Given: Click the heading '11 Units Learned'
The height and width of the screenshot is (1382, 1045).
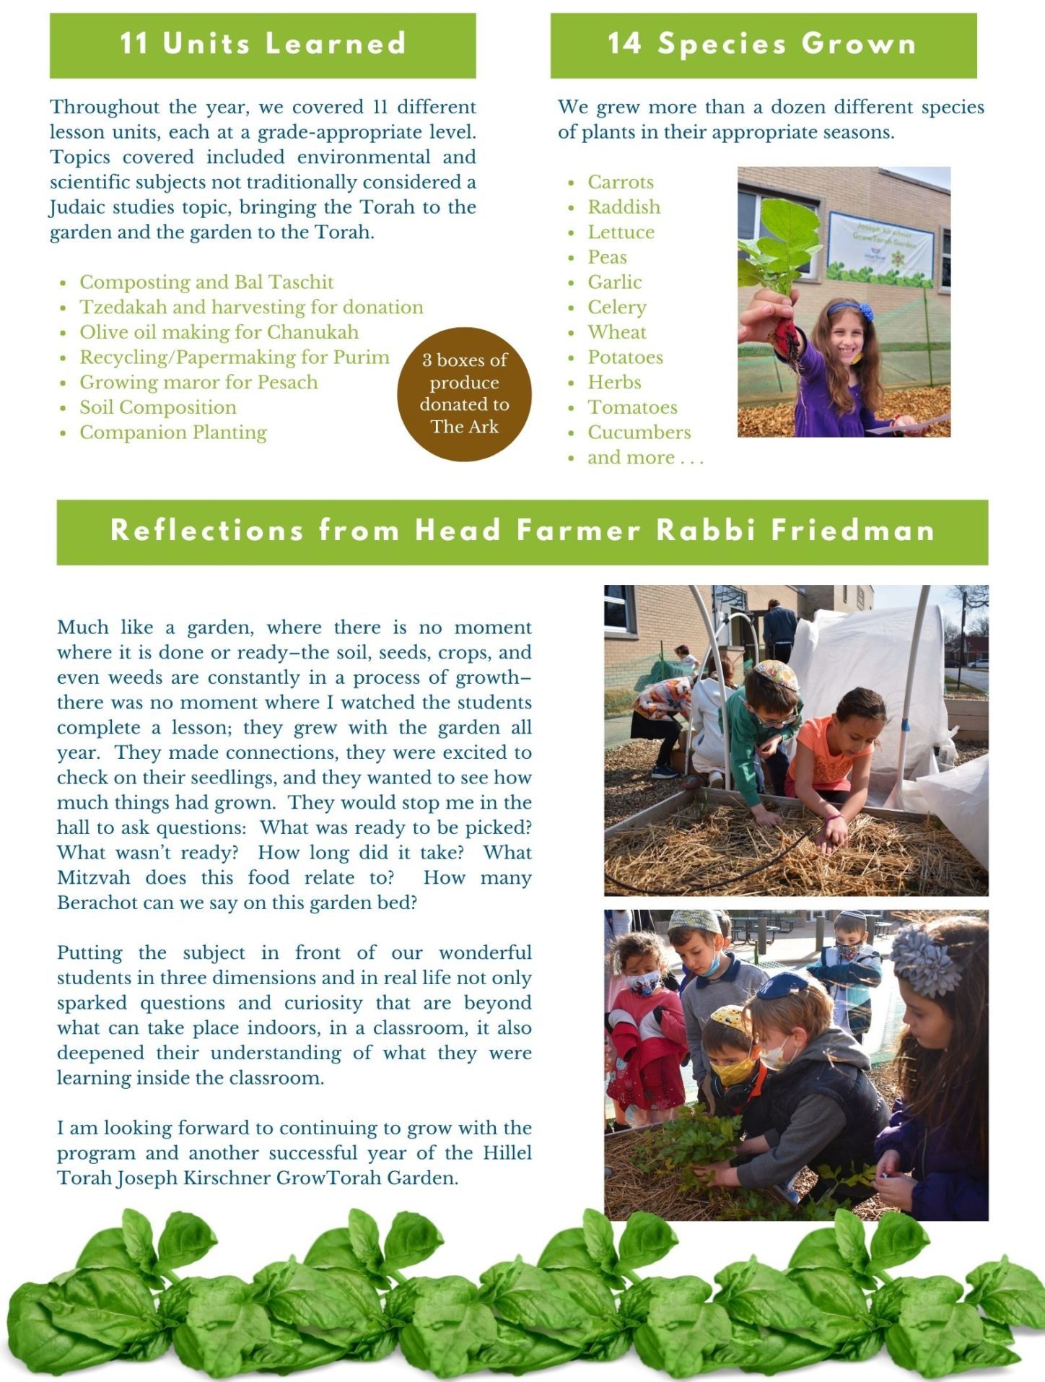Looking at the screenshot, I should coord(263,44).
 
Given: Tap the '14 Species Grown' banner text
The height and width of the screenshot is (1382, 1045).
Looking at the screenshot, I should coord(763,44).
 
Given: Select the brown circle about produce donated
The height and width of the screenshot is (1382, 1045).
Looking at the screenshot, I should coord(464,394).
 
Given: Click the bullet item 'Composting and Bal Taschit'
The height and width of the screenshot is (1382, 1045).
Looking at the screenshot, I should coord(206,282).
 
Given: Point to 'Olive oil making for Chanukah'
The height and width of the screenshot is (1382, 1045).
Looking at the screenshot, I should coord(219,332).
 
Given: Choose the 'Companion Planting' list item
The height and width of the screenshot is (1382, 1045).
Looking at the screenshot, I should coord(173,433).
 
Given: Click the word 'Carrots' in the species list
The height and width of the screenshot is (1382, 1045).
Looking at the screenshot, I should coord(621,182).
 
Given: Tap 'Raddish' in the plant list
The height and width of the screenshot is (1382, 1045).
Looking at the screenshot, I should coord(624,207).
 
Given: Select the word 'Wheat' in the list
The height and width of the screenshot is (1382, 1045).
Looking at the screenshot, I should coord(617,332).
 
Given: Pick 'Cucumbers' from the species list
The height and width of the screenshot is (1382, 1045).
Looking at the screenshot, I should coord(639,433).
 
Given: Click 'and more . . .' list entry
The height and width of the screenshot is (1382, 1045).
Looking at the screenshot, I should coord(645,458).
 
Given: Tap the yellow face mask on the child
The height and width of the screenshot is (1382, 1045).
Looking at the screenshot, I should coord(733,1071).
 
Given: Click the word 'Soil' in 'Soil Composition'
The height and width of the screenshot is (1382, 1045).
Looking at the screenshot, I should coord(97,407).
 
